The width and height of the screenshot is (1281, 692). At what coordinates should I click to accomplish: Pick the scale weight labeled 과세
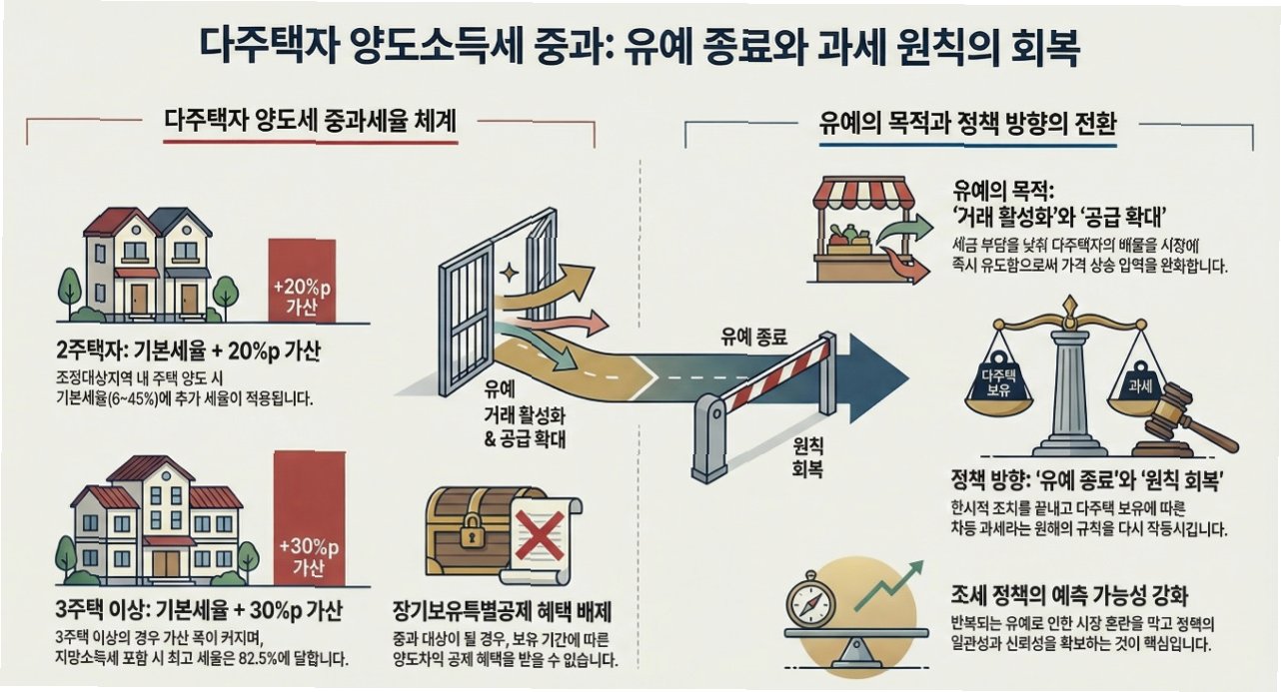point(1139,383)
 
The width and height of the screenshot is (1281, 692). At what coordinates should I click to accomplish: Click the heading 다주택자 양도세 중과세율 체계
point(310,122)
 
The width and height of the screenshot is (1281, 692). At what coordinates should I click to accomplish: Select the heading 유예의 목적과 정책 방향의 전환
point(966,125)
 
